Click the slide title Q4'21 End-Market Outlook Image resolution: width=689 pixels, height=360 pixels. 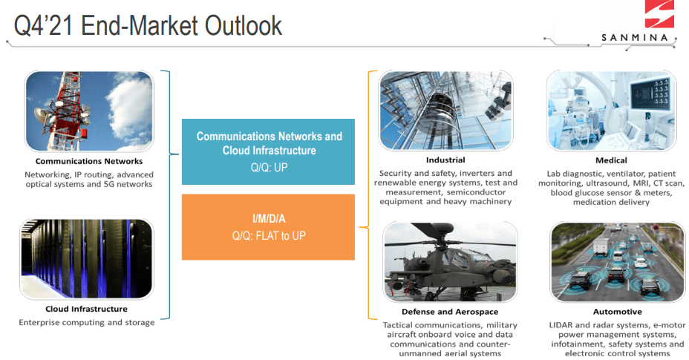pyautogui.click(x=148, y=25)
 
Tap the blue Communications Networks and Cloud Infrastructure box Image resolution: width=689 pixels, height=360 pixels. pyautogui.click(x=268, y=151)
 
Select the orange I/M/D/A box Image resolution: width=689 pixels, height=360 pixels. pyautogui.click(x=268, y=227)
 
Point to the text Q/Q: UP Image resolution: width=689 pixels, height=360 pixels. pyautogui.click(x=269, y=168)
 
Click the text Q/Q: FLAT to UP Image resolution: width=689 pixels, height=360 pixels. pyautogui.click(x=269, y=236)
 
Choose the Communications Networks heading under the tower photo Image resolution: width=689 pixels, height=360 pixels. pyautogui.click(x=89, y=161)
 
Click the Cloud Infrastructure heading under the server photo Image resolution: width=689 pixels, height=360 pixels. pyautogui.click(x=87, y=309)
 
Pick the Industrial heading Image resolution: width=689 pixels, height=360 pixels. pyautogui.click(x=445, y=160)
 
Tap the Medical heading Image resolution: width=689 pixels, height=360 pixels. pyautogui.click(x=611, y=160)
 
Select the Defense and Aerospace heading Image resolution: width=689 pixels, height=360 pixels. pyautogui.click(x=450, y=312)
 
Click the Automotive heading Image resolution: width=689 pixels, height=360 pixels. pyautogui.click(x=618, y=312)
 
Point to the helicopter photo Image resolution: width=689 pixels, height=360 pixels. pyautogui.click(x=450, y=261)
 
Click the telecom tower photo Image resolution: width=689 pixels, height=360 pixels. pyautogui.click(x=89, y=111)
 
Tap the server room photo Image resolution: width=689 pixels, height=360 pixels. pyautogui.click(x=87, y=259)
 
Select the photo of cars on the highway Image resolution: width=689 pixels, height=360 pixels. pyautogui.click(x=618, y=262)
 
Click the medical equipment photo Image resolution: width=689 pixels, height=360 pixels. pyautogui.click(x=611, y=111)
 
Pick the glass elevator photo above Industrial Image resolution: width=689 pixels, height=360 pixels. pyautogui.click(x=445, y=111)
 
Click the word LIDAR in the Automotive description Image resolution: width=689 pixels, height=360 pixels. pyautogui.click(x=561, y=325)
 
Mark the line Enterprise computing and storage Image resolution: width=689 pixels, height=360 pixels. pyautogui.click(x=87, y=323)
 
